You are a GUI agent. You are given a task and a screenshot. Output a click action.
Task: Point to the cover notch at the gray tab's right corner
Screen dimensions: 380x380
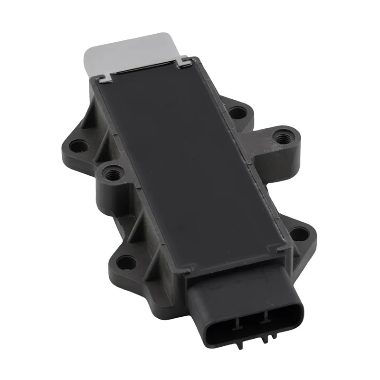(183, 61)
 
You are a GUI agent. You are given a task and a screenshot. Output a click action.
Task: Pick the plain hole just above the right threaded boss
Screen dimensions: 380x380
(236, 113)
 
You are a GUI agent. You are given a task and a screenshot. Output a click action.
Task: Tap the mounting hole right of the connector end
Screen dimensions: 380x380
(298, 233)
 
